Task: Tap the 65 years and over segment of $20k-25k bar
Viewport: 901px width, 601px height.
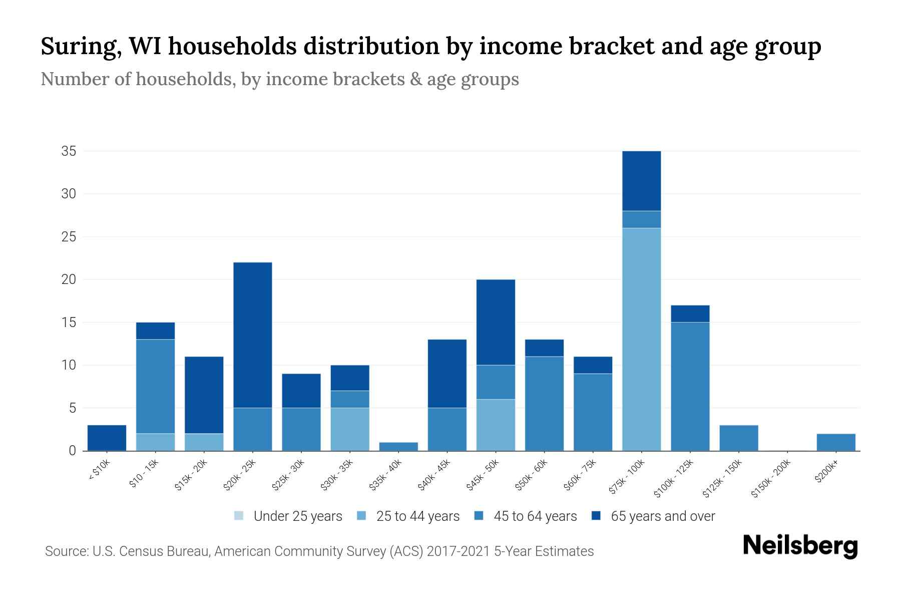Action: tap(253, 335)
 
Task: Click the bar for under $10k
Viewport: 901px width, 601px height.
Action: tap(107, 438)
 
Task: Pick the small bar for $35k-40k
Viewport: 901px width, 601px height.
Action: tap(398, 446)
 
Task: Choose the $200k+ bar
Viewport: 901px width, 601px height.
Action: tap(835, 442)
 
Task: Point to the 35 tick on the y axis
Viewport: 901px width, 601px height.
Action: tap(69, 151)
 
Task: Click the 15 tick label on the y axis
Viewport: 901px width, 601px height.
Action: tap(69, 323)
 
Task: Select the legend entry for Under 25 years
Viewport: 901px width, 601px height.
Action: tap(288, 516)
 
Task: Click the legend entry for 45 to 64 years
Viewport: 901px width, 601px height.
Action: tap(526, 516)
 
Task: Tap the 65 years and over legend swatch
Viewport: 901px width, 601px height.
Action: tap(596, 516)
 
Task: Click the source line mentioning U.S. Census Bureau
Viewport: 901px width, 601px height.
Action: tap(319, 551)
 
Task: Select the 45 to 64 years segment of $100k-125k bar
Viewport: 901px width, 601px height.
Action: tap(690, 386)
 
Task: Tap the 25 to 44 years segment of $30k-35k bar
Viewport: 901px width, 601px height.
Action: tap(350, 429)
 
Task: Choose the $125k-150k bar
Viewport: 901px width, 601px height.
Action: tap(738, 438)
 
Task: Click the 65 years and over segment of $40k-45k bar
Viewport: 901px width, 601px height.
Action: tap(447, 374)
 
